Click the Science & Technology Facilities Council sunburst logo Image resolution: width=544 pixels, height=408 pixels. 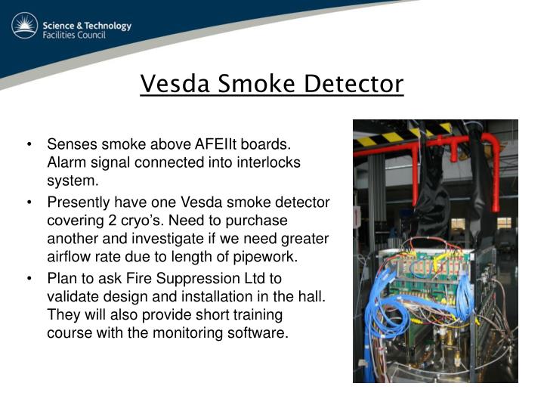(24, 26)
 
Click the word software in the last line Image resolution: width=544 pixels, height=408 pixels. (261, 332)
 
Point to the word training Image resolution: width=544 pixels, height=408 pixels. (255, 314)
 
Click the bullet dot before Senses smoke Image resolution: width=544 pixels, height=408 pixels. (29, 144)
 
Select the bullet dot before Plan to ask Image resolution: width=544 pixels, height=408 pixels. (29, 278)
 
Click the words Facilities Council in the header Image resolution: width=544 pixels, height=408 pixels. (85, 36)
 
